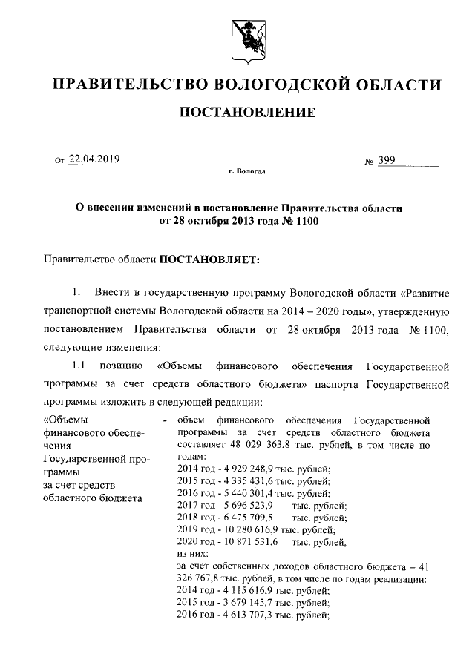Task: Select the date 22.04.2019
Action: click(95, 159)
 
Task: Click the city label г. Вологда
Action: click(246, 171)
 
